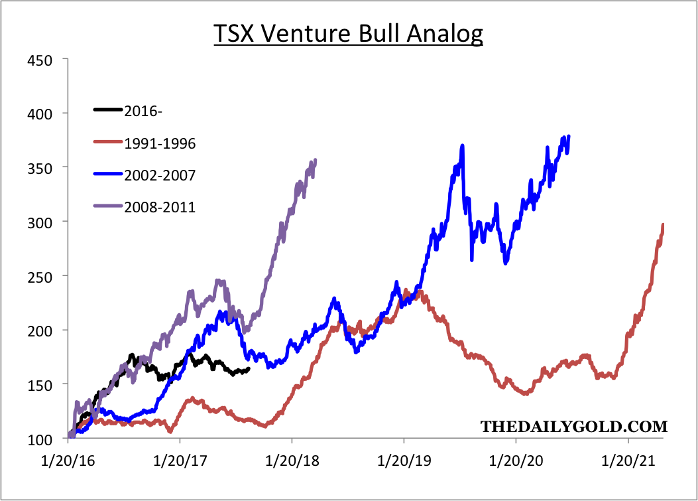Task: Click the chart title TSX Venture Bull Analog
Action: coord(348,33)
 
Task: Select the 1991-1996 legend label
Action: coord(160,143)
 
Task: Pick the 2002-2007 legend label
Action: coord(160,175)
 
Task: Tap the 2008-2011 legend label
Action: coord(160,207)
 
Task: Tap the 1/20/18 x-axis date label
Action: coord(292,459)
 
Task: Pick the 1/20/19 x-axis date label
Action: coord(404,459)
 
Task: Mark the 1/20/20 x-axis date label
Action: coord(516,459)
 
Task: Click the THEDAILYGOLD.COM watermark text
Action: coord(573,425)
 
